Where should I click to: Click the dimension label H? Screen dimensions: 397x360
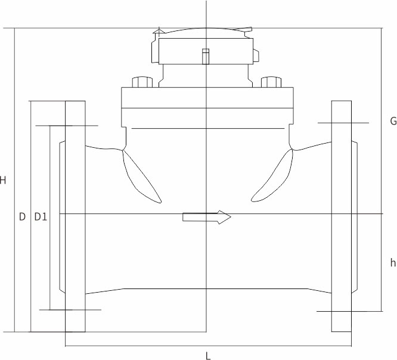tap(2, 180)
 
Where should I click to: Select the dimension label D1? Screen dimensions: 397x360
tap(41, 217)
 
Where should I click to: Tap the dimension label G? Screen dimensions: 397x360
tap(393, 121)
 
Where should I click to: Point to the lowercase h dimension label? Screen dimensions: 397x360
tap(393, 262)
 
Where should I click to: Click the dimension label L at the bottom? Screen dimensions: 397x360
tap(208, 356)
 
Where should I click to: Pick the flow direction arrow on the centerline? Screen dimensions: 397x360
tap(207, 217)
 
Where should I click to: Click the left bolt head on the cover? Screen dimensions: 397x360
tap(142, 82)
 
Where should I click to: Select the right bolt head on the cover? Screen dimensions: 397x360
tap(271, 82)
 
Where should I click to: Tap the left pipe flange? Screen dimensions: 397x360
tap(75, 216)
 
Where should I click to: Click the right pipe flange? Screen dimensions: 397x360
tap(342, 216)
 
